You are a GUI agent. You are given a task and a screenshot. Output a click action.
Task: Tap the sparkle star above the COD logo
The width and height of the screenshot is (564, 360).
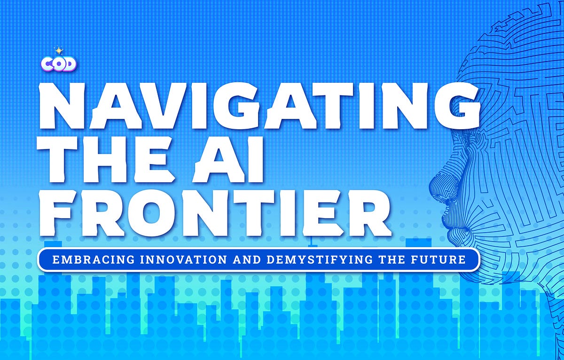tap(59, 50)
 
